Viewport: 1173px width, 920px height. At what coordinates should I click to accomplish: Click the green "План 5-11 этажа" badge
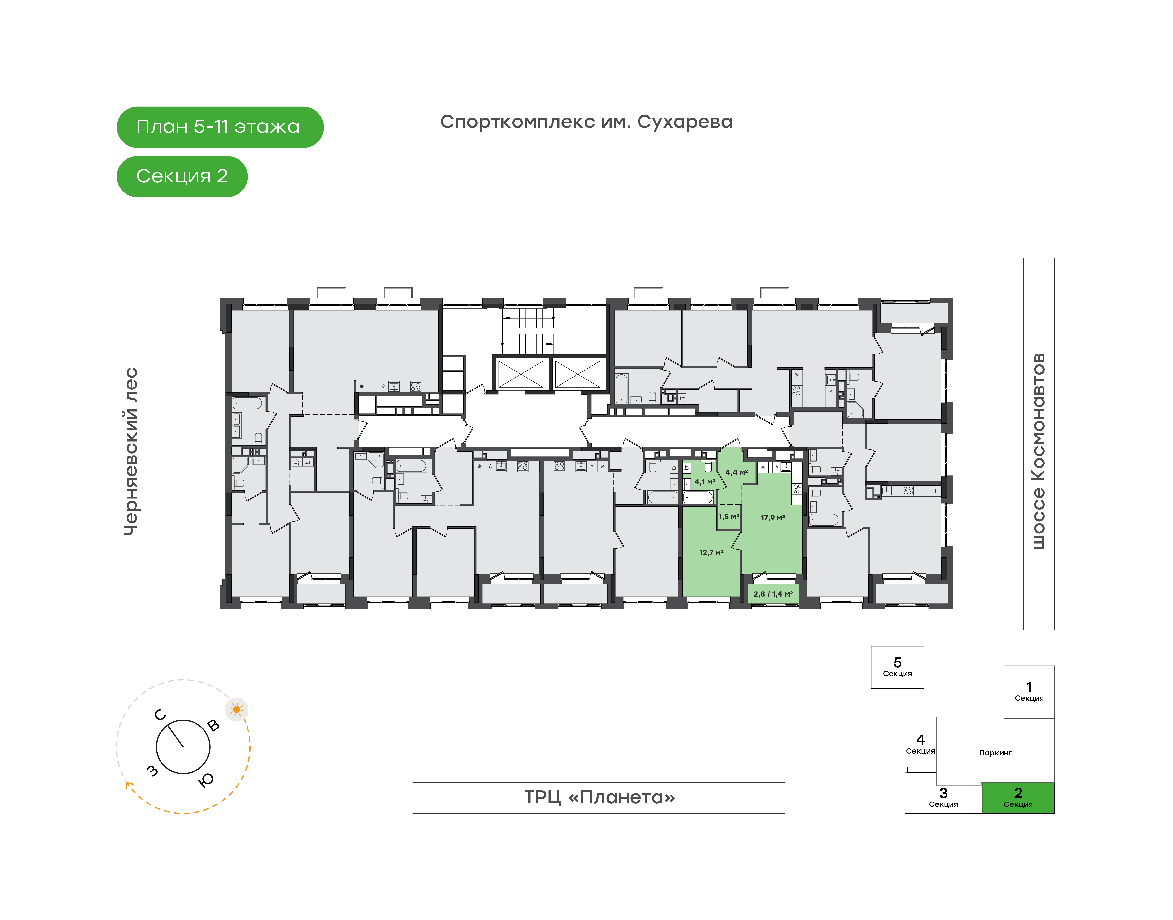click(x=220, y=127)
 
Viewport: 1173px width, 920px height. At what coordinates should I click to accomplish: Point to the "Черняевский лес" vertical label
click(x=131, y=451)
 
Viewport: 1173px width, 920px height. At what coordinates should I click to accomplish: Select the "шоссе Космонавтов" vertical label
click(x=1038, y=451)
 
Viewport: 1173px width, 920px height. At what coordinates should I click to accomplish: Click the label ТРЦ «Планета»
click(x=600, y=797)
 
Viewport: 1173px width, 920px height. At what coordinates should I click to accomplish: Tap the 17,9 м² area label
click(x=773, y=518)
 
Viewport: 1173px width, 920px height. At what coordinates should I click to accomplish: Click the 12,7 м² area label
click(x=711, y=553)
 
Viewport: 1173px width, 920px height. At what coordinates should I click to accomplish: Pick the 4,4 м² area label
click(x=737, y=472)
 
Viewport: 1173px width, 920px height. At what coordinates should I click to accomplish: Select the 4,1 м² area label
click(x=705, y=482)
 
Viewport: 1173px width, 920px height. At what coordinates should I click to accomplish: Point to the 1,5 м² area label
click(x=728, y=516)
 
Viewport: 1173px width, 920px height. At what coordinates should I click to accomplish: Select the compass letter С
click(x=160, y=715)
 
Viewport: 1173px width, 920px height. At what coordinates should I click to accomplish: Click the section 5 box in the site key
click(x=897, y=667)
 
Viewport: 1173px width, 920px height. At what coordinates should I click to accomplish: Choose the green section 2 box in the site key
click(x=1018, y=798)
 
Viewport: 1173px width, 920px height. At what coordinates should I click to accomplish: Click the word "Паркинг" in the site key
click(x=995, y=753)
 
